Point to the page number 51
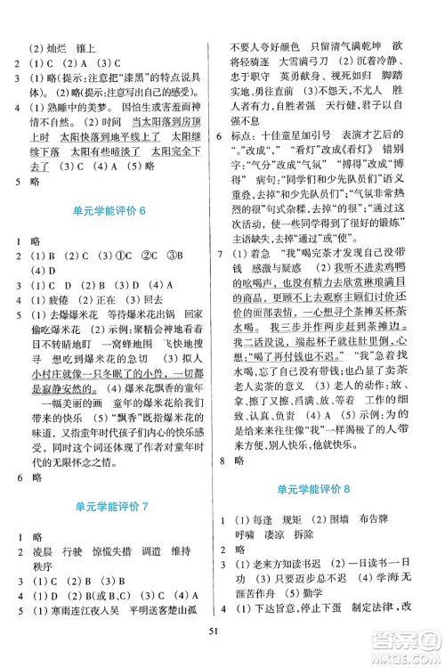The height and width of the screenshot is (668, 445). click(222, 657)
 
